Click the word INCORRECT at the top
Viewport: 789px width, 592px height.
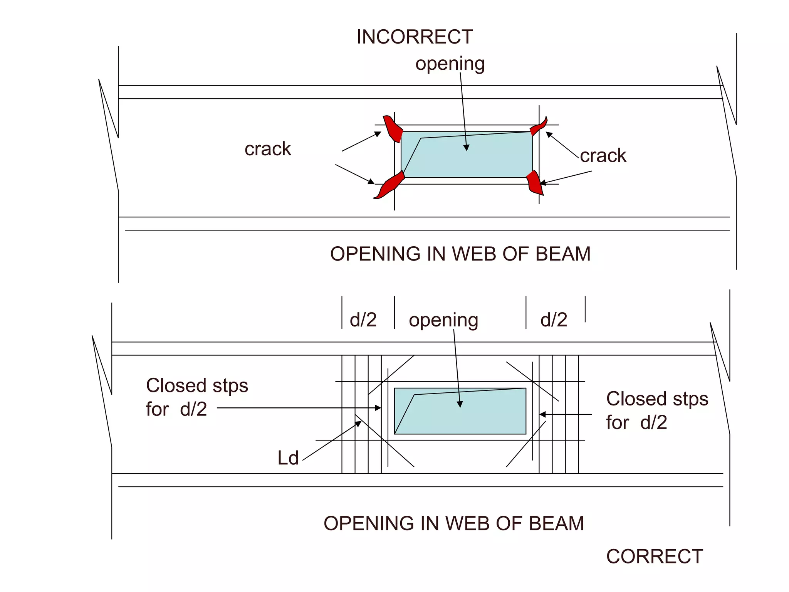coord(415,37)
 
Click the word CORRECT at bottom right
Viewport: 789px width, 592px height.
coord(655,557)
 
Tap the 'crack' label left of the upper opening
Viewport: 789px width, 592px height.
coord(268,149)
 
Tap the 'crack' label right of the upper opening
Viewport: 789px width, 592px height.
coord(603,156)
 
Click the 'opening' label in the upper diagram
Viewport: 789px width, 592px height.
coord(450,64)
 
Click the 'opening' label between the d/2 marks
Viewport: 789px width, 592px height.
coord(443,320)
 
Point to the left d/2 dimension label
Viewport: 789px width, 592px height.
coord(363,320)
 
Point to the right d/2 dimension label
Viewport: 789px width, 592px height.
coord(554,320)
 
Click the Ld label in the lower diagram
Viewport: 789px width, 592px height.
coord(288,458)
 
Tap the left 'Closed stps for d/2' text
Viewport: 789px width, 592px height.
coord(196,397)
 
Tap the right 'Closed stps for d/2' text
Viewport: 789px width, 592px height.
coord(657,410)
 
